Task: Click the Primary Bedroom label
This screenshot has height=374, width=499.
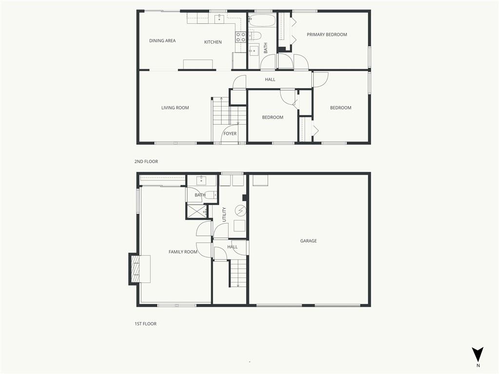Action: click(326, 35)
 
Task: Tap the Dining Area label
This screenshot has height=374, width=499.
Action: click(162, 41)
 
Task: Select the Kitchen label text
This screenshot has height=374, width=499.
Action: click(213, 42)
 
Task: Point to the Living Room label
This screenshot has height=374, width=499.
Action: click(175, 108)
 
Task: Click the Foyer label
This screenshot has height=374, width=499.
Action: click(230, 134)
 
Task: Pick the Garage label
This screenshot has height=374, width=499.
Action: click(308, 241)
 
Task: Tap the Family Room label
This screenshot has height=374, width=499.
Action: click(183, 252)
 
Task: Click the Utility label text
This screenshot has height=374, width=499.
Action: click(224, 215)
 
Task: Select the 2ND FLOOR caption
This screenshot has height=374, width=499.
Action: click(146, 162)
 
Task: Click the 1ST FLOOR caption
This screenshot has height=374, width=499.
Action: click(146, 324)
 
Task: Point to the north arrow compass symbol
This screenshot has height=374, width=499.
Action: click(478, 355)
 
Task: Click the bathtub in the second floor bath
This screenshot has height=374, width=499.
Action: click(262, 21)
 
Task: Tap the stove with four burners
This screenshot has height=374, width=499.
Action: click(241, 37)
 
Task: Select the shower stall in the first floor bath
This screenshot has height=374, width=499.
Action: click(196, 212)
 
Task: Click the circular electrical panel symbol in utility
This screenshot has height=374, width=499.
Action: click(241, 210)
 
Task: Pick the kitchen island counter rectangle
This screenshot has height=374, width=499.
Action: click(198, 64)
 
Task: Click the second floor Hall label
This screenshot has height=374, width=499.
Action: click(270, 80)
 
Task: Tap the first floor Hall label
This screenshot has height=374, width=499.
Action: click(232, 247)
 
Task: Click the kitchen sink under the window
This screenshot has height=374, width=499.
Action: click(220, 19)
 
